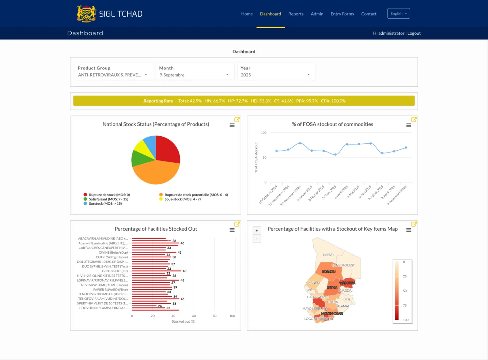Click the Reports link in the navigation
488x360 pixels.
(296, 14)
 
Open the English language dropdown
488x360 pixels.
(398, 14)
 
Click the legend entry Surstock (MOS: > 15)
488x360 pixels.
(105, 204)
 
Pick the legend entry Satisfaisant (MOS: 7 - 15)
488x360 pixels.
(108, 199)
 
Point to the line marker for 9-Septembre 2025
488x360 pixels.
(406, 148)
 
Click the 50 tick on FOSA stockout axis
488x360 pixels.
(264, 158)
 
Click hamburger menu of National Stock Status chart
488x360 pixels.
(232, 125)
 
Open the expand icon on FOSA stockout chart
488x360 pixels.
(414, 120)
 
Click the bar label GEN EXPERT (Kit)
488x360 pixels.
(115, 271)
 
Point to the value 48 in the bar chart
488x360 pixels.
(185, 271)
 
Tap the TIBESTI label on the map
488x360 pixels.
(328, 255)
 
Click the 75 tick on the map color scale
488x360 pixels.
(405, 305)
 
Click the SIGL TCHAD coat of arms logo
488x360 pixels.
(86, 14)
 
